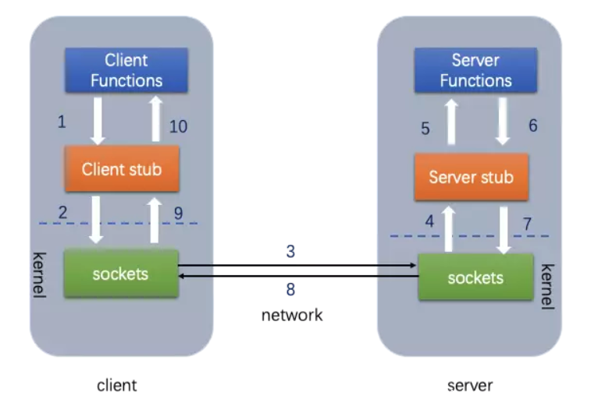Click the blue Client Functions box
[x=126, y=70]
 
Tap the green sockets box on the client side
[x=121, y=274]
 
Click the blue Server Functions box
[x=475, y=70]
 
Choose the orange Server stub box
[x=471, y=177]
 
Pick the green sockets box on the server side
[x=475, y=277]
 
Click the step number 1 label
[x=62, y=122]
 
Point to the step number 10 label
[x=178, y=126]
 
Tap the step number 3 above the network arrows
[x=290, y=251]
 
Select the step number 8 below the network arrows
[x=290, y=289]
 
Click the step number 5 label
[x=425, y=129]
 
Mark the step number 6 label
[x=533, y=125]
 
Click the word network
[x=291, y=315]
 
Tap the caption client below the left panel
[x=116, y=385]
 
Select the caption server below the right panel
[x=470, y=385]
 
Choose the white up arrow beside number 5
[x=450, y=122]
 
